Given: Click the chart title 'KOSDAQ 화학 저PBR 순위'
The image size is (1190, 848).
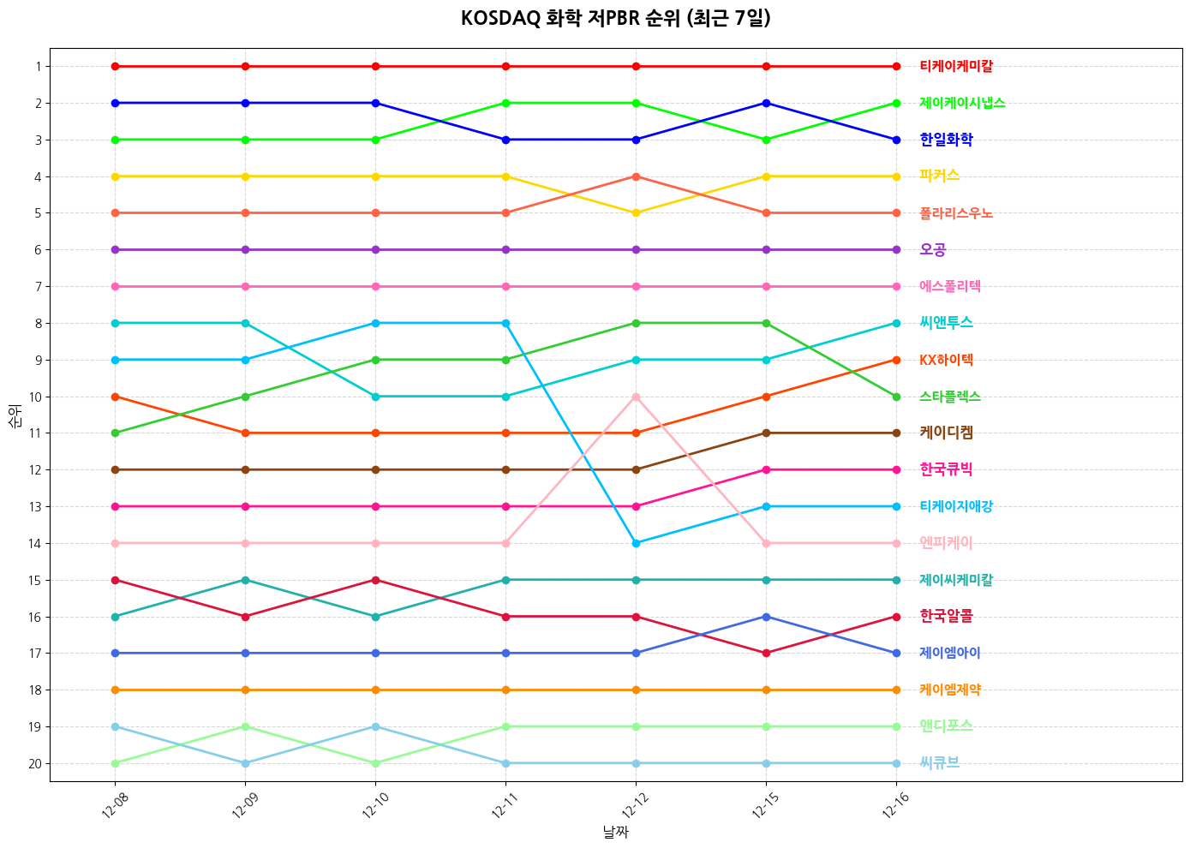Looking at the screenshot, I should pos(615,19).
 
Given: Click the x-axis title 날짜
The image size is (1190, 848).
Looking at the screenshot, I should pos(615,832).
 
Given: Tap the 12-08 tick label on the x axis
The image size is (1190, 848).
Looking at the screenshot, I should pos(112,806).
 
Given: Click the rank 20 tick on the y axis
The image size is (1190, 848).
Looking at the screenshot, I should pos(34,763).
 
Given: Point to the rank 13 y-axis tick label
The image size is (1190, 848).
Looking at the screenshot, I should pos(34,506).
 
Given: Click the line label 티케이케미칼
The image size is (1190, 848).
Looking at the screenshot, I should pos(956,66).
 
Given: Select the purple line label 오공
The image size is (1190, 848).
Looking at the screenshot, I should pos(932,250).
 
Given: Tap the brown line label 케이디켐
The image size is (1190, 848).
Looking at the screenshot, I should pos(946,433).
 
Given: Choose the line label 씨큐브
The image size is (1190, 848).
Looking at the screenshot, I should pos(939,763).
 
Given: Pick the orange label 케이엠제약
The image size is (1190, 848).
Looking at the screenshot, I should pos(950,690).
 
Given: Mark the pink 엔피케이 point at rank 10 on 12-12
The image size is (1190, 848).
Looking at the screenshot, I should pos(636,397).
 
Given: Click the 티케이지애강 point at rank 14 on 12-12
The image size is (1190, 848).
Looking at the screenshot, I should pos(636,543).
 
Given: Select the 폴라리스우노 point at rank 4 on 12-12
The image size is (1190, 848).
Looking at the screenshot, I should pos(636,176).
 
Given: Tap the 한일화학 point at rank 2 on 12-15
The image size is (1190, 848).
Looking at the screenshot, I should pos(766,103).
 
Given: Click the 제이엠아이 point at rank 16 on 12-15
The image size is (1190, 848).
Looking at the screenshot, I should pos(766,617).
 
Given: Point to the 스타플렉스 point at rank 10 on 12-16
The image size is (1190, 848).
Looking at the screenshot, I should pos(896,397).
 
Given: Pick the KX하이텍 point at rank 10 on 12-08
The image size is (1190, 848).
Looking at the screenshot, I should pos(115,397).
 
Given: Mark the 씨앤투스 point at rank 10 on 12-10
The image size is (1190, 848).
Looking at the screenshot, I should pos(375,397).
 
